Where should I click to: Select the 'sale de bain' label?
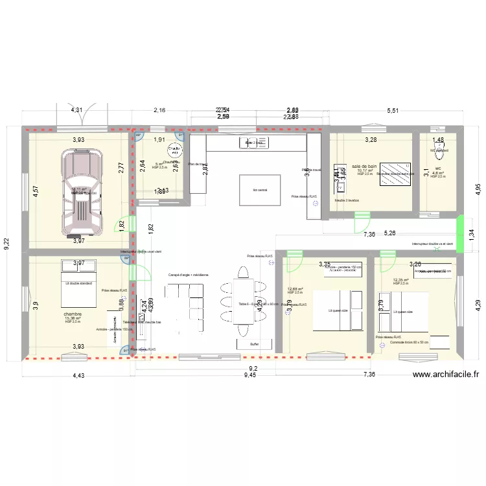click(364, 167)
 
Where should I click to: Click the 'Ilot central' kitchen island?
click(251, 190)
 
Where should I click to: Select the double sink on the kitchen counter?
click(251, 142)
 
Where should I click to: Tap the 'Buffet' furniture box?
click(254, 344)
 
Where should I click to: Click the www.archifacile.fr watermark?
click(445, 374)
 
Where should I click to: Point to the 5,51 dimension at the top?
click(392, 111)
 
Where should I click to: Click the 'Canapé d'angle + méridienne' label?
click(188, 275)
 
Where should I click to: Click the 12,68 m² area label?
click(295, 289)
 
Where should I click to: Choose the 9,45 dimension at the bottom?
click(249, 375)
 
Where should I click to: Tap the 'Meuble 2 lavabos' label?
click(347, 200)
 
